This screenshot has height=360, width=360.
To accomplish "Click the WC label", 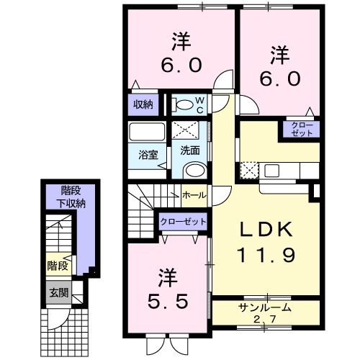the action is (x=200, y=104).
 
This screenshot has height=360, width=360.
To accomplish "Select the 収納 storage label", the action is (x=143, y=104).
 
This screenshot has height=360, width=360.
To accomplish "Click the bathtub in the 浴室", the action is (x=147, y=132).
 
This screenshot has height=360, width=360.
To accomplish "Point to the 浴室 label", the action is (x=148, y=155).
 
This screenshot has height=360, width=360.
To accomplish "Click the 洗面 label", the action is (x=190, y=150).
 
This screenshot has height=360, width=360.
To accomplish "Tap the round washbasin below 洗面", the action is (x=195, y=171).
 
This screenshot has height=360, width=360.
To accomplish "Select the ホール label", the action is (x=194, y=195).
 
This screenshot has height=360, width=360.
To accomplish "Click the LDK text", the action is (x=266, y=230).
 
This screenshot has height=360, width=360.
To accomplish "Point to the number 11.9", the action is (x=266, y=255).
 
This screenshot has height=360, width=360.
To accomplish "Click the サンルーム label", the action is (x=265, y=307).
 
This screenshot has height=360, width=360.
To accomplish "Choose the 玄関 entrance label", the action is (x=59, y=292).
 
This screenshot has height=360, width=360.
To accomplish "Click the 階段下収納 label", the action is (x=71, y=197).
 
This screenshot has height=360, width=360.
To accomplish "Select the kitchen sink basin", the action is (x=271, y=171).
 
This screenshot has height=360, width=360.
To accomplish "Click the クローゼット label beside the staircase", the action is (x=184, y=221).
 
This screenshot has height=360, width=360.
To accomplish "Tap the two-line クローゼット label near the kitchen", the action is (x=302, y=129).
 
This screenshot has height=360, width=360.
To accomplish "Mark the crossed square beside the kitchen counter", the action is (x=249, y=171).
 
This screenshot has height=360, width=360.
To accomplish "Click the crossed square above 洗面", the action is (x=186, y=130).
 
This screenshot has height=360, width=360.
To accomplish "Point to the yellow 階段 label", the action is (x=58, y=266).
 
